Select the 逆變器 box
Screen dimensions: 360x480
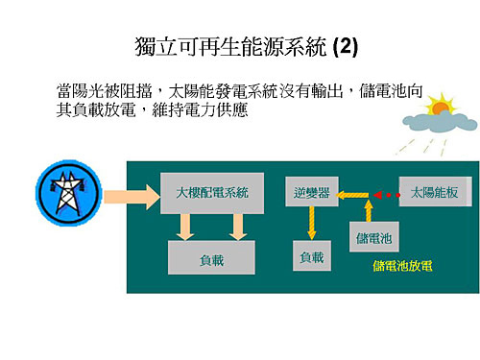(x=311, y=193)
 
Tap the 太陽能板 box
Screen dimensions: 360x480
(x=429, y=193)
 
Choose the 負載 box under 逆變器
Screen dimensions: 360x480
(x=311, y=256)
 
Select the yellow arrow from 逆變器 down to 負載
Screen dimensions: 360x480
(x=311, y=224)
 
